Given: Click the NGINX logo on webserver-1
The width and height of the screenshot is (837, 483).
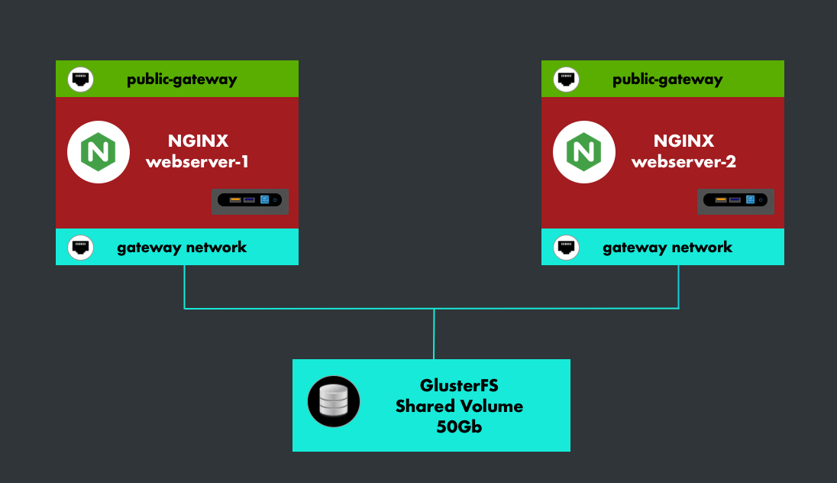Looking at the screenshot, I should (x=99, y=152).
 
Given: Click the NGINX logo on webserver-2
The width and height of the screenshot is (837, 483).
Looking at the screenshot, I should (x=584, y=152).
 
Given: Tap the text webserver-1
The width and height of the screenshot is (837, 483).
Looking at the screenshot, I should (x=198, y=162).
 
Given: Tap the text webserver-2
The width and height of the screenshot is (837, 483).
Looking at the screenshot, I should (x=683, y=162).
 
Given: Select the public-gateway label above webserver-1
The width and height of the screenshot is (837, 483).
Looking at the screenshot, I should (x=182, y=79).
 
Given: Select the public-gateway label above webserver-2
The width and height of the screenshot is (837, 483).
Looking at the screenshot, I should (x=667, y=79).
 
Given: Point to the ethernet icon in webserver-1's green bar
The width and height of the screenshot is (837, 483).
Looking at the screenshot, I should (x=81, y=79).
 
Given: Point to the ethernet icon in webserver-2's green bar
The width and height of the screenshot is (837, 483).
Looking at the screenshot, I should (x=567, y=79).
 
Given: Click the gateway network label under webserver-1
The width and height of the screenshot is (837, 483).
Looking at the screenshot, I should (x=182, y=248).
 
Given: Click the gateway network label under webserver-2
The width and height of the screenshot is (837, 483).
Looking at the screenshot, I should (x=667, y=248).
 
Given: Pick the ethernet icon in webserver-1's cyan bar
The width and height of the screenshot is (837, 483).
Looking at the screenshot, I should (x=81, y=248).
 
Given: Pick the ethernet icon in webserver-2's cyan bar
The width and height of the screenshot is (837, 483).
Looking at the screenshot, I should (x=567, y=248).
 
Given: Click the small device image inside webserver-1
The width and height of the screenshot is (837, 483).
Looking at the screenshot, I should (x=250, y=200).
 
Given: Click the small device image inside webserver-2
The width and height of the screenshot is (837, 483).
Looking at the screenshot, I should (x=735, y=200).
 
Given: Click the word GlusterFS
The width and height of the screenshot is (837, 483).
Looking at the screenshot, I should (x=459, y=385).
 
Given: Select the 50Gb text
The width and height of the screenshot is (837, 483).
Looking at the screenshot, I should (x=459, y=427).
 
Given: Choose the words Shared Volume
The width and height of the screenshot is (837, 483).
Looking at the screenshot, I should (x=459, y=407).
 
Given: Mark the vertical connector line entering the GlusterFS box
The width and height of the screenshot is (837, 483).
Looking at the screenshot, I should (x=434, y=336).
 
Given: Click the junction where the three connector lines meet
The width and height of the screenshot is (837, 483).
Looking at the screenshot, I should (x=434, y=309).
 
